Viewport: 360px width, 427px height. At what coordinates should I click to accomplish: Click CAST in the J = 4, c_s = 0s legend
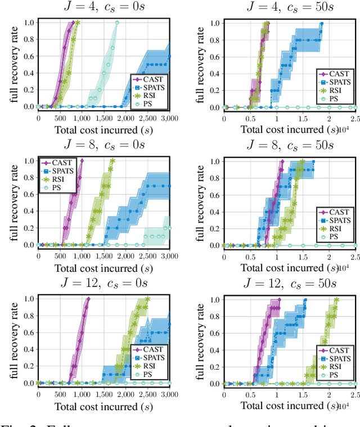[x=154, y=79]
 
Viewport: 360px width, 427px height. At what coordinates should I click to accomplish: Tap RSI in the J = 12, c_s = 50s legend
[x=336, y=366]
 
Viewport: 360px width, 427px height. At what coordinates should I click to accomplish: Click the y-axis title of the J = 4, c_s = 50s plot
[x=200, y=65]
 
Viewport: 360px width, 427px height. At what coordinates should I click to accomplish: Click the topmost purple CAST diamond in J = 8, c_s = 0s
[x=82, y=161]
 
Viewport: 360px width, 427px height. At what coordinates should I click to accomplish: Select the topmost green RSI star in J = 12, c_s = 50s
[x=336, y=299]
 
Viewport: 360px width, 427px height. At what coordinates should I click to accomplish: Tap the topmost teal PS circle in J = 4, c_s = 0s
[x=117, y=23]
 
